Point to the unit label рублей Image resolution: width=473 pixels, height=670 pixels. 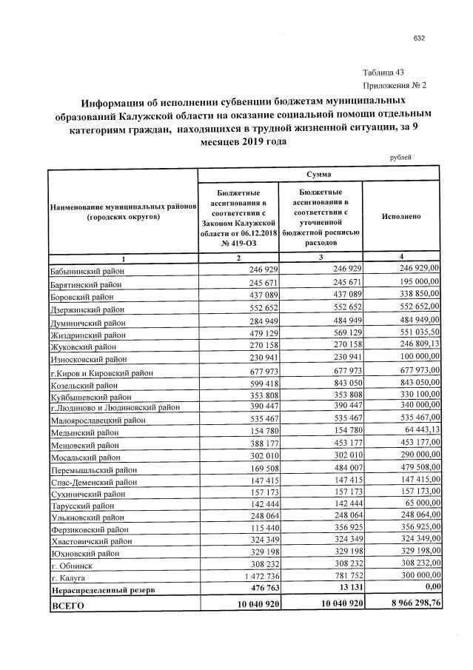pyautogui.click(x=400, y=157)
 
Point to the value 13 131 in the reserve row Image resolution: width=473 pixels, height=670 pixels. pyautogui.click(x=346, y=589)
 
